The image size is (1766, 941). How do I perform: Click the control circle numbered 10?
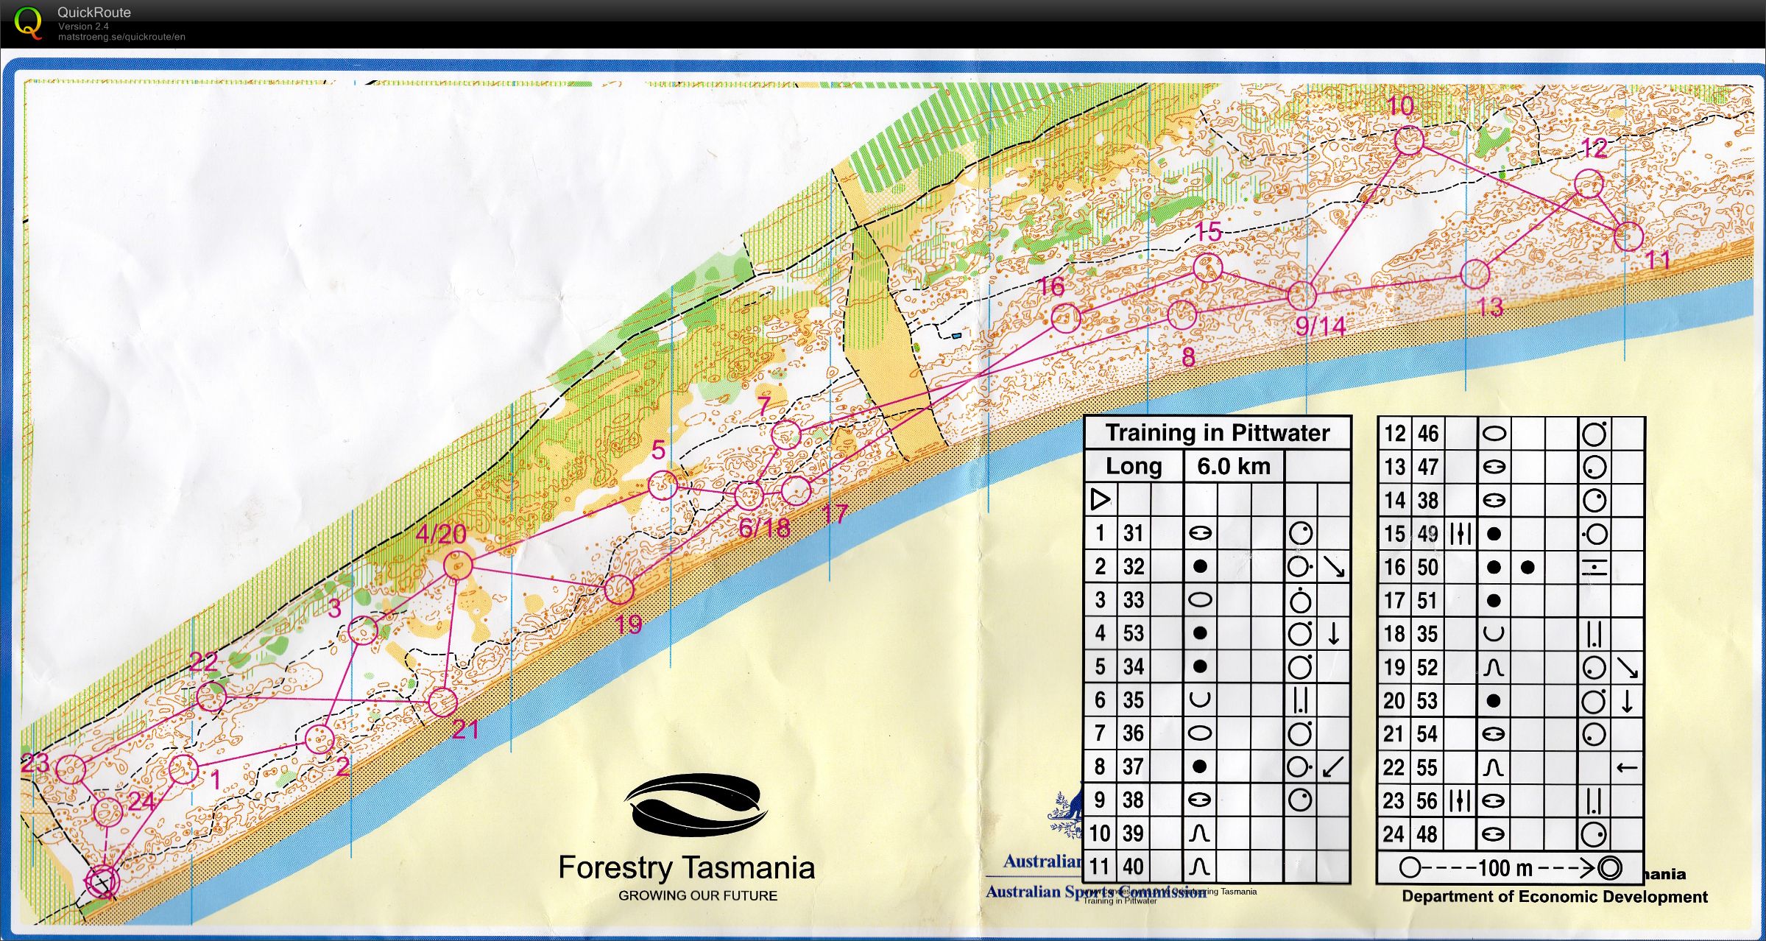(x=1408, y=140)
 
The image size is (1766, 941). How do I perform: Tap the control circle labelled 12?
(x=1589, y=183)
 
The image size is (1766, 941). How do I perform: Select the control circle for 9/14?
(x=1301, y=295)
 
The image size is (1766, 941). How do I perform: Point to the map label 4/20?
(x=441, y=534)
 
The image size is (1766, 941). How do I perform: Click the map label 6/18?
(x=764, y=527)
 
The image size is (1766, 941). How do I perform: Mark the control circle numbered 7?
(x=785, y=434)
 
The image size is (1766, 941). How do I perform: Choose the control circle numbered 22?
(x=211, y=697)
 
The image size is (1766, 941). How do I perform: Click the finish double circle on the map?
(x=102, y=881)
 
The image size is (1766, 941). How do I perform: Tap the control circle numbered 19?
(x=618, y=588)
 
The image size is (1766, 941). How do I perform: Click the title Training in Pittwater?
(x=1218, y=433)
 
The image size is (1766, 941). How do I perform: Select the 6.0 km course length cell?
(x=1233, y=466)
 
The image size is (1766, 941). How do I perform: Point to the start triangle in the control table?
(x=1100, y=499)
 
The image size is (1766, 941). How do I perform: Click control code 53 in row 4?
(x=1134, y=633)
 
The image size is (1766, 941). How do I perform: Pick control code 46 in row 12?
(x=1427, y=434)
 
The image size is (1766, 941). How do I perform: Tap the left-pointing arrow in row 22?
(x=1626, y=768)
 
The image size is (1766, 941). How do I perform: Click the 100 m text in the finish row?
(x=1505, y=868)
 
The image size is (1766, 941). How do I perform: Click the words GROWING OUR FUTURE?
(x=697, y=895)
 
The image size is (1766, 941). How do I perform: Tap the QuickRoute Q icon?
(x=28, y=22)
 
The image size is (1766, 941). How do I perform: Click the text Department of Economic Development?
(x=1554, y=896)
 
